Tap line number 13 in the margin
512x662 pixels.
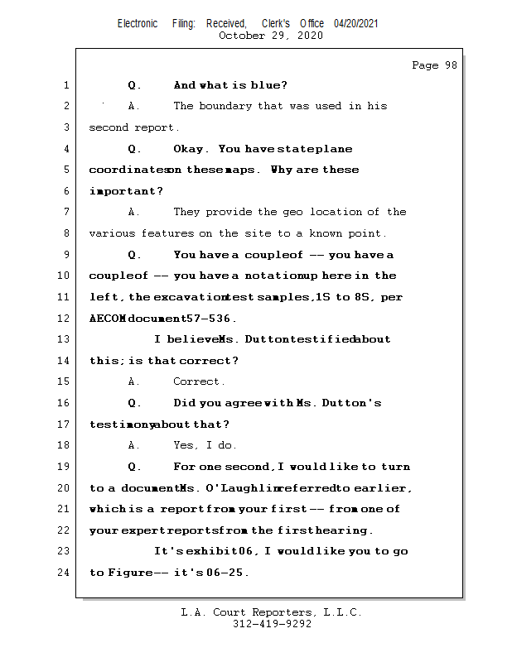click(65, 339)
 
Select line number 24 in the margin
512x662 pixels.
click(65, 573)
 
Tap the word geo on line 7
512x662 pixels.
click(295, 212)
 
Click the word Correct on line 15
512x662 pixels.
click(197, 381)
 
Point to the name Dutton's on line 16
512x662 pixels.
click(351, 403)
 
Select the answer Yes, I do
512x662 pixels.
click(205, 445)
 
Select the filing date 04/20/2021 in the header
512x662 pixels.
click(356, 23)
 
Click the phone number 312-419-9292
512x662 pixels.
click(272, 624)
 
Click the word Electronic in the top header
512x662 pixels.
click(138, 23)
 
